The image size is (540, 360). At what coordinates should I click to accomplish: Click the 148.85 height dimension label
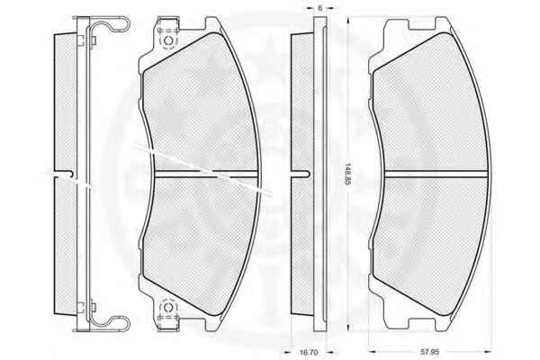pyautogui.click(x=347, y=174)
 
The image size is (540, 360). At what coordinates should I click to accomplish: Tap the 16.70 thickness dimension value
pyautogui.click(x=309, y=352)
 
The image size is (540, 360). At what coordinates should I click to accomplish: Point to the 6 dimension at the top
pyautogui.click(x=319, y=8)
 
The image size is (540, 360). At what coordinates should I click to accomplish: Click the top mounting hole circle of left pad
pyautogui.click(x=168, y=40)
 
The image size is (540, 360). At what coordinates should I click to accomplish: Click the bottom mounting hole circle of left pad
pyautogui.click(x=168, y=307)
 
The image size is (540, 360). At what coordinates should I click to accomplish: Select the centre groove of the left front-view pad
pyautogui.click(x=207, y=174)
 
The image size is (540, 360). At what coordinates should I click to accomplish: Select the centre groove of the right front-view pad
pyautogui.click(x=436, y=174)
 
